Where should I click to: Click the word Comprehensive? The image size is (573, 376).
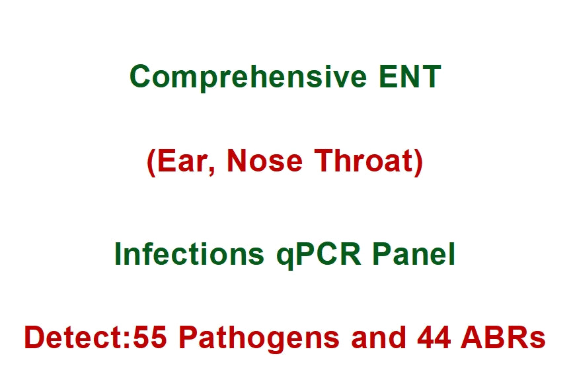click(247, 77)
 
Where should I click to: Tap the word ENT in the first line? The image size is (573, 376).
click(410, 77)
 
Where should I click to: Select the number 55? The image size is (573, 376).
click(152, 338)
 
